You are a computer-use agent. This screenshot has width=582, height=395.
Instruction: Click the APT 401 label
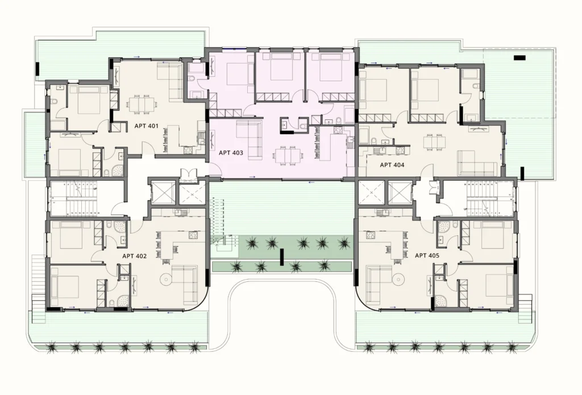(146, 126)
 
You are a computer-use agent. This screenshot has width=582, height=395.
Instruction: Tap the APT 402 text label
(134, 256)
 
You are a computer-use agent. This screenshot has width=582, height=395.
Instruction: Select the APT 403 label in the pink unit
(231, 152)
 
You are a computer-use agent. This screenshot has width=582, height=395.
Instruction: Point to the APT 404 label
(392, 165)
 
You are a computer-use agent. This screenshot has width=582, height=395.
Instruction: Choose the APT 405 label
(427, 255)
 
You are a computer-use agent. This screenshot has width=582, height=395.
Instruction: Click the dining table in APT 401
(142, 103)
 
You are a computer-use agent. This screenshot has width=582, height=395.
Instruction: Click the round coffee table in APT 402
(165, 279)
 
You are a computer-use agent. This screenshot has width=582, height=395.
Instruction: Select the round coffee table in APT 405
(398, 279)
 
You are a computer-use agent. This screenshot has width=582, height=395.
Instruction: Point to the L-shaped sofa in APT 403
(250, 138)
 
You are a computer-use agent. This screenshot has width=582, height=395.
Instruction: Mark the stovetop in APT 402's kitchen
(193, 235)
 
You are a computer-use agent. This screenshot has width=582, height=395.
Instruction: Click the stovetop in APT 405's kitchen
(371, 235)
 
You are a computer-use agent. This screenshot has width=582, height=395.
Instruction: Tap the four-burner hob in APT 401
(188, 151)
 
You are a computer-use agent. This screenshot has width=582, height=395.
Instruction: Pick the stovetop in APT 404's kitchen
(400, 151)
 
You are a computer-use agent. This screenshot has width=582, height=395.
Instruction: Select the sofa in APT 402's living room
(185, 284)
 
